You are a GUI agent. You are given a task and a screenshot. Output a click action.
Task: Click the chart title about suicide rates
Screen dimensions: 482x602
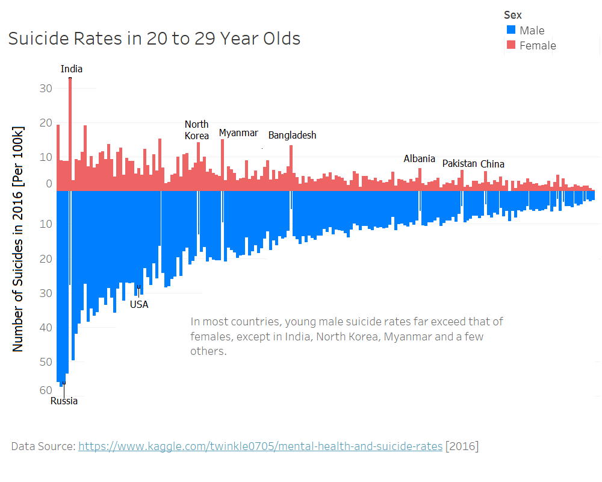click(154, 39)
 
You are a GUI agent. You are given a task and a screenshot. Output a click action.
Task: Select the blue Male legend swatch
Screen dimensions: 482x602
click(511, 30)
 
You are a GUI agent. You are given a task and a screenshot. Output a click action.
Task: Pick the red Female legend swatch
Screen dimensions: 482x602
click(511, 45)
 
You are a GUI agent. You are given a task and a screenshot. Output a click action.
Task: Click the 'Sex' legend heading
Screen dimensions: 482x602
click(513, 14)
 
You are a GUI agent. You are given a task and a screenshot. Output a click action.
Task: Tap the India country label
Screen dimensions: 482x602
click(72, 69)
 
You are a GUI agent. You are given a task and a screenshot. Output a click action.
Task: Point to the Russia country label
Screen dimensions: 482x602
click(64, 401)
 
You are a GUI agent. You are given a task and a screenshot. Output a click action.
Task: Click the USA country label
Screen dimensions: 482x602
click(139, 304)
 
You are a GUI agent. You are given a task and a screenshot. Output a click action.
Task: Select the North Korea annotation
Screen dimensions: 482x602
click(197, 130)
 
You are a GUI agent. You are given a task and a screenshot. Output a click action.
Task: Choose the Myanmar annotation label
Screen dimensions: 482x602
click(238, 133)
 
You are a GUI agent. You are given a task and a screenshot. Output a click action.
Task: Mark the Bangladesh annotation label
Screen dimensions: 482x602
click(292, 135)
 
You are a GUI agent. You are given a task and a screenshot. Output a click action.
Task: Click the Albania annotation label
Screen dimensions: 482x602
click(419, 158)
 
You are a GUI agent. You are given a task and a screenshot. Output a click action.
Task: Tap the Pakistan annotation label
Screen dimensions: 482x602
click(459, 163)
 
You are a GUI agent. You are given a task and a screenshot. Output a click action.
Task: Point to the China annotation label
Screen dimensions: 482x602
click(492, 164)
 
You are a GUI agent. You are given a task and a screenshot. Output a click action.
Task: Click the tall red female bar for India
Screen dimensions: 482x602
click(70, 133)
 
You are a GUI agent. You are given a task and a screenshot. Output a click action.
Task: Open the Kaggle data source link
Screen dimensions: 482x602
click(260, 446)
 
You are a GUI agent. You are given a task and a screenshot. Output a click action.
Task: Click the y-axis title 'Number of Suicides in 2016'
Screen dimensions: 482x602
click(18, 239)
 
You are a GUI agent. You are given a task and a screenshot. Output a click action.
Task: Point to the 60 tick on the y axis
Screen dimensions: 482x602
click(46, 390)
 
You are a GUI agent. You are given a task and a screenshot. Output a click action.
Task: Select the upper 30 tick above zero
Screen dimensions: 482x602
click(46, 89)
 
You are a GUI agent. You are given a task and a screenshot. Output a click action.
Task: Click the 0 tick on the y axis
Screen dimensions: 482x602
click(49, 184)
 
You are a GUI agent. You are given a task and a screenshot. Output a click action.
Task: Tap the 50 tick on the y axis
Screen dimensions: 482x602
click(46, 361)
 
